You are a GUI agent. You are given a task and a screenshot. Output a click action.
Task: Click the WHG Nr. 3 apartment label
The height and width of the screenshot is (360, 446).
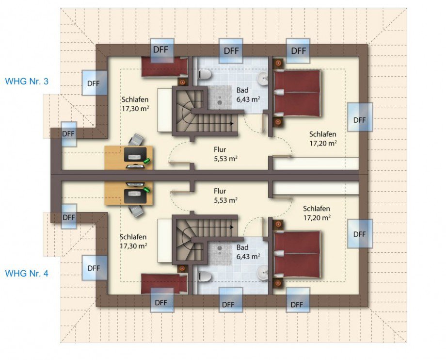click(27, 82)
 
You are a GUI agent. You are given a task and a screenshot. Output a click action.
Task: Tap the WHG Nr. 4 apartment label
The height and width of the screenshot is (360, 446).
click(27, 274)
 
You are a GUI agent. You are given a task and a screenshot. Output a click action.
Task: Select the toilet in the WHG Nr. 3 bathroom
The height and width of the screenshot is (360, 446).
click(205, 75)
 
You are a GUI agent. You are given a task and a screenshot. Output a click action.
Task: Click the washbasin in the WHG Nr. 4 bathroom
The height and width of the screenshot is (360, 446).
click(263, 273)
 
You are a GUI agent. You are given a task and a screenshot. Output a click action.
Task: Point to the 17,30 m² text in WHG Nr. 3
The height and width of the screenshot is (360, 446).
click(135, 108)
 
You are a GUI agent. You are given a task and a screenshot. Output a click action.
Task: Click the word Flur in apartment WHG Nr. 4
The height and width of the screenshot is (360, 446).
click(220, 191)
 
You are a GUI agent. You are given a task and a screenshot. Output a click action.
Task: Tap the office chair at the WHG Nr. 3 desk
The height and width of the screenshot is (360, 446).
click(136, 140)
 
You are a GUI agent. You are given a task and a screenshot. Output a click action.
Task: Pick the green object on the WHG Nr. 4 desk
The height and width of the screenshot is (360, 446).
click(147, 190)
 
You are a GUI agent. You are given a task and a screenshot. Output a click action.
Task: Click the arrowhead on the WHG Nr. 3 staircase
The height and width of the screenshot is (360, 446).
click(232, 124)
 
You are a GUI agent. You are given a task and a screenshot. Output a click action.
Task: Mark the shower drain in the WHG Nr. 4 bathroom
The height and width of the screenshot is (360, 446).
click(220, 248)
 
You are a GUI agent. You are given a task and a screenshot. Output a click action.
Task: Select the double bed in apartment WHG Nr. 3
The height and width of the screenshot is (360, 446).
click(297, 93)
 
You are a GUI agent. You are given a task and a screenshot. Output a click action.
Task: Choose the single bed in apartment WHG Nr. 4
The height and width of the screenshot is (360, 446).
click(164, 284)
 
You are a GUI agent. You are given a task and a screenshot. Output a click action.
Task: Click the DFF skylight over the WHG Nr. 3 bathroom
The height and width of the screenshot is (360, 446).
click(231, 50)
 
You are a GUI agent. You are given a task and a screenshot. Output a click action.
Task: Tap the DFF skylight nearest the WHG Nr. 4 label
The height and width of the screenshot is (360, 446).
click(95, 268)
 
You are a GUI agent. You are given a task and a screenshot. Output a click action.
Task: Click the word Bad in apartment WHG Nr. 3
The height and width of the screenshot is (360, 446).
click(242, 90)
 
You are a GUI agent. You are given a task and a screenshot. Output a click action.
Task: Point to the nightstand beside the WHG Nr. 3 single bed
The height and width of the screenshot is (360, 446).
click(182, 82)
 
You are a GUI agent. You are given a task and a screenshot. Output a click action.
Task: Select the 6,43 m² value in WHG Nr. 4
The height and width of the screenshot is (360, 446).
click(248, 256)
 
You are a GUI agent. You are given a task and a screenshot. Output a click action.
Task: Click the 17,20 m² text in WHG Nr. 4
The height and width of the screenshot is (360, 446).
click(317, 218)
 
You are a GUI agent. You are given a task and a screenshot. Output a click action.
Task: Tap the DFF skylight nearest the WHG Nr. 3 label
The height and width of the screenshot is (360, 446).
click(95, 83)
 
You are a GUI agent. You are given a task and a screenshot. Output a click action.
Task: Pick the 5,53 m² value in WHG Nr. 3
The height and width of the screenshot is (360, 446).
click(226, 159)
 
